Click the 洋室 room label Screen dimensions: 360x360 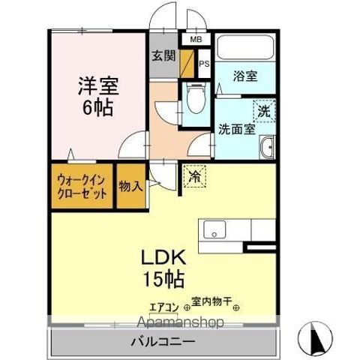point(97,85)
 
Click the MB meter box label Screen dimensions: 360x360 point(196,40)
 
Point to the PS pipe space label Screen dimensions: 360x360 point(203,63)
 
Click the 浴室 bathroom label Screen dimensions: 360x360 point(244,76)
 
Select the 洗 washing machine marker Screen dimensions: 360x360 point(263,109)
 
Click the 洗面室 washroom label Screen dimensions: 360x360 point(236,128)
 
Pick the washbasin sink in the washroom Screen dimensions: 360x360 point(267,148)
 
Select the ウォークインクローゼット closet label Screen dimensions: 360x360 point(82,186)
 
